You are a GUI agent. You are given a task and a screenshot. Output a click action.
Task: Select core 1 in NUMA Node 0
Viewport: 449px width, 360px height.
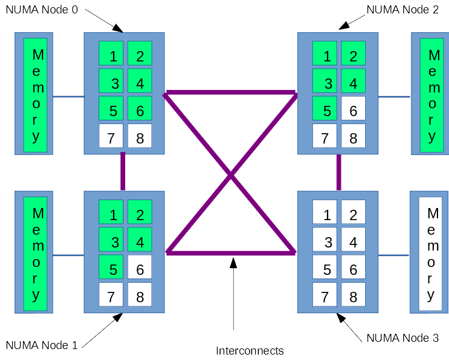pos(111,54)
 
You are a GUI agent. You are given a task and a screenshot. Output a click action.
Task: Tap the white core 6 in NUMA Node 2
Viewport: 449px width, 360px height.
pos(353,109)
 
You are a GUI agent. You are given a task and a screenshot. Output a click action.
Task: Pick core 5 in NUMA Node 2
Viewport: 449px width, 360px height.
pos(325,109)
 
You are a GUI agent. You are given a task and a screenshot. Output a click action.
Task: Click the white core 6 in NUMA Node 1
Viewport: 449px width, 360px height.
pos(140,267)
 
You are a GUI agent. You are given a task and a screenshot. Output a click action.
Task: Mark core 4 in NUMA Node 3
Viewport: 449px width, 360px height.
pos(353,240)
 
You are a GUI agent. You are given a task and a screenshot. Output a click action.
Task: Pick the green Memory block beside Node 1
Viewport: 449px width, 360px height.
pos(35,254)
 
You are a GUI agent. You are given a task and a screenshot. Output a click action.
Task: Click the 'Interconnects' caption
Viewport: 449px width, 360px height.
pos(250,350)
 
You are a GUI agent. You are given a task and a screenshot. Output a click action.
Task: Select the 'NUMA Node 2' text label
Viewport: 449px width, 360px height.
pos(402,10)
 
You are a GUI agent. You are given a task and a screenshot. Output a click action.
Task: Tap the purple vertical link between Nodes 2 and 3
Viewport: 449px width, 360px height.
pos(338,173)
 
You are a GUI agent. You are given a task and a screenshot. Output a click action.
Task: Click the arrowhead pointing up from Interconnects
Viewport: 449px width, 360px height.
pos(233,263)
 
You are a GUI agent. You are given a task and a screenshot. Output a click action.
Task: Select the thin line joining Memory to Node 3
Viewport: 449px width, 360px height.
pos(394,255)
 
